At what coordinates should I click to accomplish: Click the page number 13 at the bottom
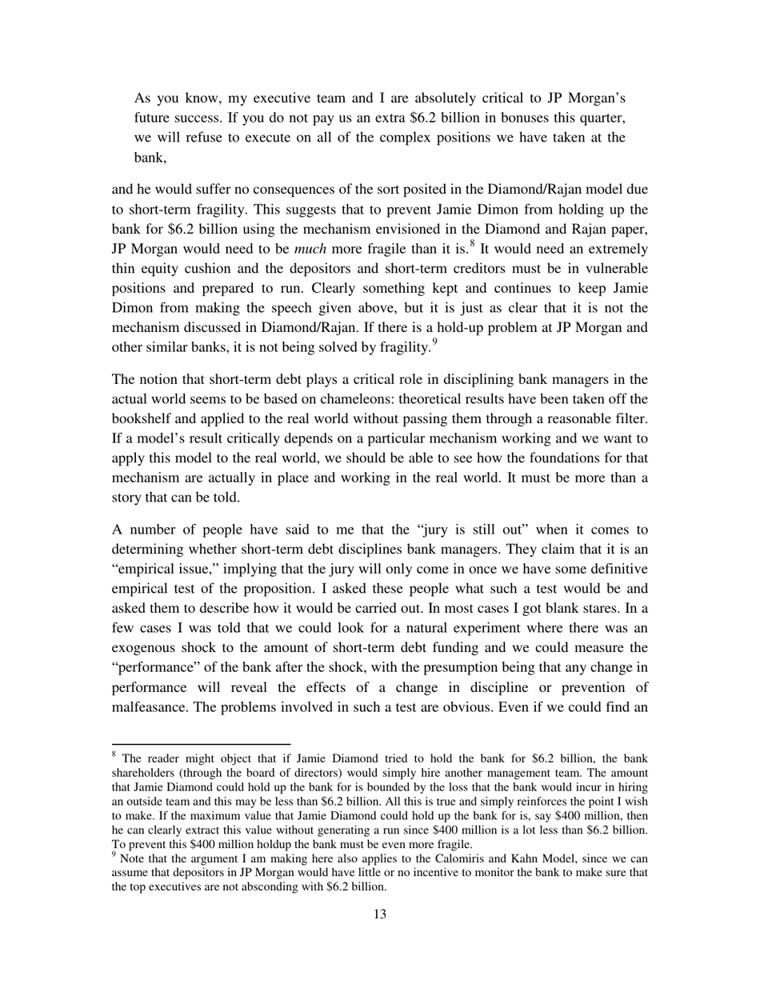(379, 914)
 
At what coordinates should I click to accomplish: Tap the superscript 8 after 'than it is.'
(406, 244)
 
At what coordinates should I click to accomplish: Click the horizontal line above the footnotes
(201, 744)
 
